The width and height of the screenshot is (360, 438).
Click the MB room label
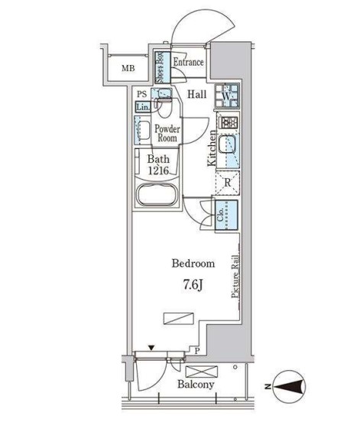pos(128,68)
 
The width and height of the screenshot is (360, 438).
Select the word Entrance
pos(188,62)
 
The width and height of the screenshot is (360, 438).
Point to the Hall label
pos(197,95)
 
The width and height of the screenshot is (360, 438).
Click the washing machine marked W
pos(226,96)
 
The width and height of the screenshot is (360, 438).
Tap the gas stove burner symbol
pos(229,122)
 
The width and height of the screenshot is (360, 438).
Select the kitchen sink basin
pos(227,144)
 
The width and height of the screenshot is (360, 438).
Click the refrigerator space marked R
pos(228,183)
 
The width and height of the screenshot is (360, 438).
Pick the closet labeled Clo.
pos(226,215)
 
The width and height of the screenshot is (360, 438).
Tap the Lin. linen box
pos(143,106)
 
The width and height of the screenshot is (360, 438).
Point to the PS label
pos(142,94)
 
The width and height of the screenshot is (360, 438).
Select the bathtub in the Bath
pos(157,194)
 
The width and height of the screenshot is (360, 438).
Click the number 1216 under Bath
pos(158,170)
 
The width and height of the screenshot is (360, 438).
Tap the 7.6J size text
pos(193,284)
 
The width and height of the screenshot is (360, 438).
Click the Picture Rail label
pos(235,277)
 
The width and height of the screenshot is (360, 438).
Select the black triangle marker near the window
pos(151,348)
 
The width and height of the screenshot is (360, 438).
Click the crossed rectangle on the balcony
pos(201,371)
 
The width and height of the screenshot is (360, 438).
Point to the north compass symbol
pos(289,387)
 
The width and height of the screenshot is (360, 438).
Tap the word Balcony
pos(196,384)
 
